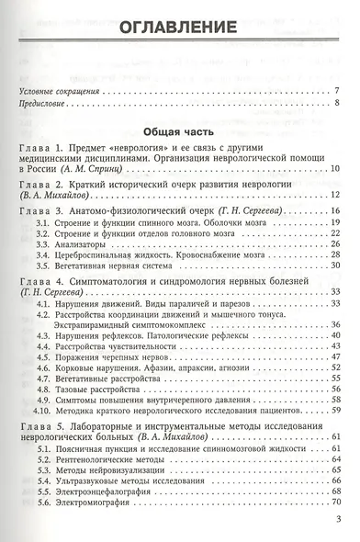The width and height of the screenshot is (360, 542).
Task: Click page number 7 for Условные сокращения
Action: [x=338, y=89]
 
